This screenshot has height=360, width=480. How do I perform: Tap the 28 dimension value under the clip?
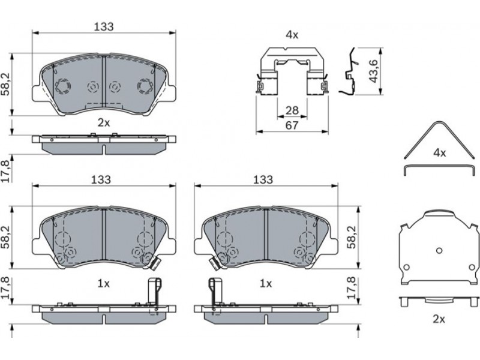pyautogui.click(x=292, y=110)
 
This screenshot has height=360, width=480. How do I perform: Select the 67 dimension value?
pyautogui.click(x=292, y=125)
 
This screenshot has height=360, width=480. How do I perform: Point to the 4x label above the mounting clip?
pyautogui.click(x=292, y=35)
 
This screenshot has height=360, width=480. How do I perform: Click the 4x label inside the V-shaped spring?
pyautogui.click(x=440, y=153)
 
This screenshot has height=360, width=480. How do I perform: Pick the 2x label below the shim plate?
pyautogui.click(x=439, y=319)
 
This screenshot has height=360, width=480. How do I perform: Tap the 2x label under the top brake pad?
pyautogui.click(x=104, y=123)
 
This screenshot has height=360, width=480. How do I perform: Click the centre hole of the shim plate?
pyautogui.click(x=439, y=251)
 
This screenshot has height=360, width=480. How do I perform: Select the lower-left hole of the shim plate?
pyautogui.click(x=406, y=267)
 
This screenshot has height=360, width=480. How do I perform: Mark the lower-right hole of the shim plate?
pyautogui.click(x=472, y=267)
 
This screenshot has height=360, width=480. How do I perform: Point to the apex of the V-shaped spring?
pyautogui.click(x=439, y=122)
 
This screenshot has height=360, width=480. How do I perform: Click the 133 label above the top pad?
pyautogui.click(x=103, y=26)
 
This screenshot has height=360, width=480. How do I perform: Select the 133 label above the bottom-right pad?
pyautogui.click(x=263, y=179)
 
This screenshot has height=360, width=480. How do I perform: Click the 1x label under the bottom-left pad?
pyautogui.click(x=104, y=284)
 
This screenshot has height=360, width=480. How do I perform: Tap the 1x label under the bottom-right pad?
pyautogui.click(x=266, y=284)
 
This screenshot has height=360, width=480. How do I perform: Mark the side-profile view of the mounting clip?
pyautogui.click(x=349, y=71)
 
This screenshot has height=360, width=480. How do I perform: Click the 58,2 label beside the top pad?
pyautogui.click(x=6, y=85)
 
